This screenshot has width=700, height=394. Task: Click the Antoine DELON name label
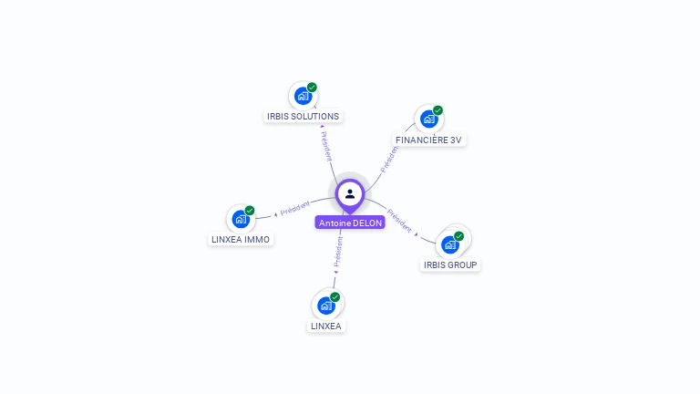pos(350,223)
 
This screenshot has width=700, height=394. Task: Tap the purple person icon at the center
pos(350,193)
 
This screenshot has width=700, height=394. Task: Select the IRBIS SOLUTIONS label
pos(303,117)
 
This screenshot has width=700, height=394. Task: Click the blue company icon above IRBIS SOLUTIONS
pos(303,96)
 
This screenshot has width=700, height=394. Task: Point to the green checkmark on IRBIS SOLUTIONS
pos(312,88)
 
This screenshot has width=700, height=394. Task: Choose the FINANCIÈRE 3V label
pos(429,140)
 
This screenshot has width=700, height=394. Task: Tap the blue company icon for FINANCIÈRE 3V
pos(429,119)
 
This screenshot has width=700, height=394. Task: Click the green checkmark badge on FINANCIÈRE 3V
pos(437,110)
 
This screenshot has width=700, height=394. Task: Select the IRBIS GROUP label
pos(450,265)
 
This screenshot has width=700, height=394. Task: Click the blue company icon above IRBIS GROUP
pos(449,244)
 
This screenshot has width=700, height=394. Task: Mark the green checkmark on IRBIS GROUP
pos(458,236)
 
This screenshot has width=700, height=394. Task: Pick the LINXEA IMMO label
pos(241,240)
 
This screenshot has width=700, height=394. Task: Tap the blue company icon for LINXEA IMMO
pos(241,219)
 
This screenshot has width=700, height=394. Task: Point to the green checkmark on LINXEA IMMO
pos(250,211)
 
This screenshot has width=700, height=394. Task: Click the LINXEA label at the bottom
pos(326,327)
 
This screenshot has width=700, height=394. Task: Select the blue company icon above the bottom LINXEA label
pos(326,306)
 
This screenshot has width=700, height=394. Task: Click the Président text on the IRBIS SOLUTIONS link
pos(326,146)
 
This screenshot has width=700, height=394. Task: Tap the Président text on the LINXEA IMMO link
pos(294,209)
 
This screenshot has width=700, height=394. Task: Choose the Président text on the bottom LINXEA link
pos(338,254)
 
